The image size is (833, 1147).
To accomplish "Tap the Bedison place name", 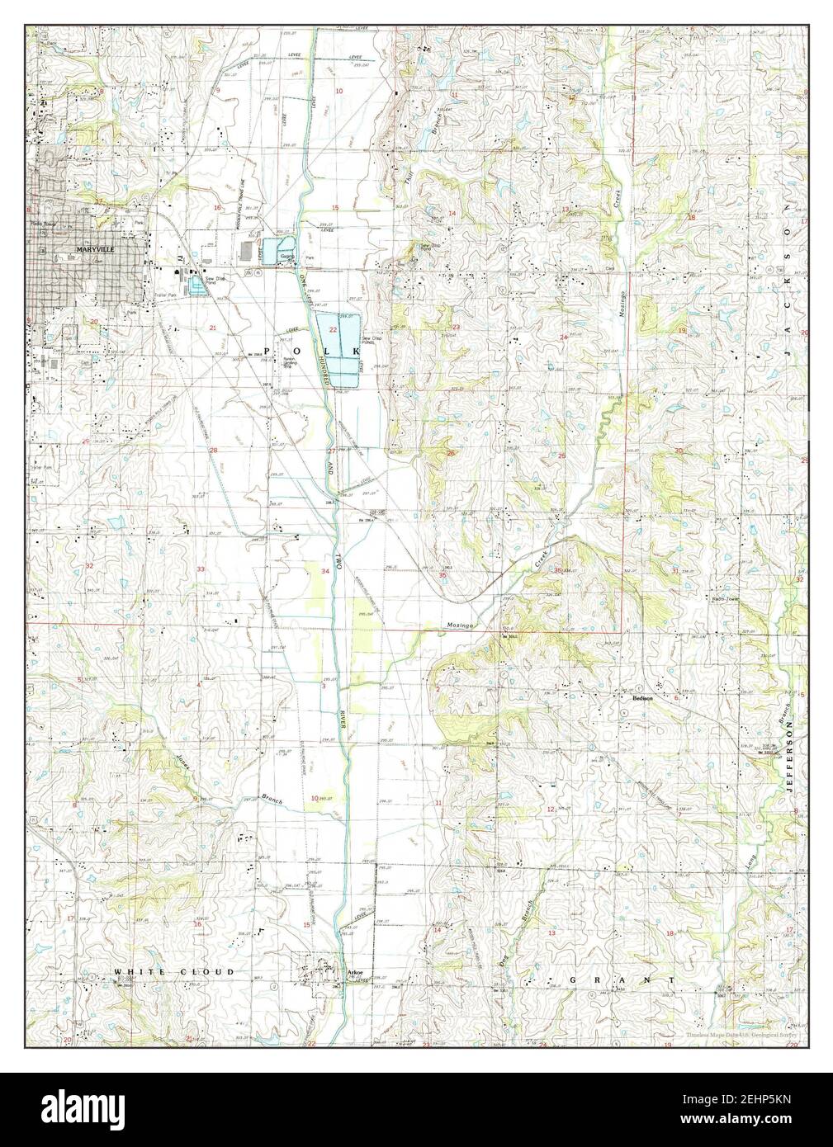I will (643, 697).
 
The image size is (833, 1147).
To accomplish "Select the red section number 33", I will (201, 570).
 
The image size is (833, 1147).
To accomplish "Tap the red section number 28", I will (213, 451).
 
